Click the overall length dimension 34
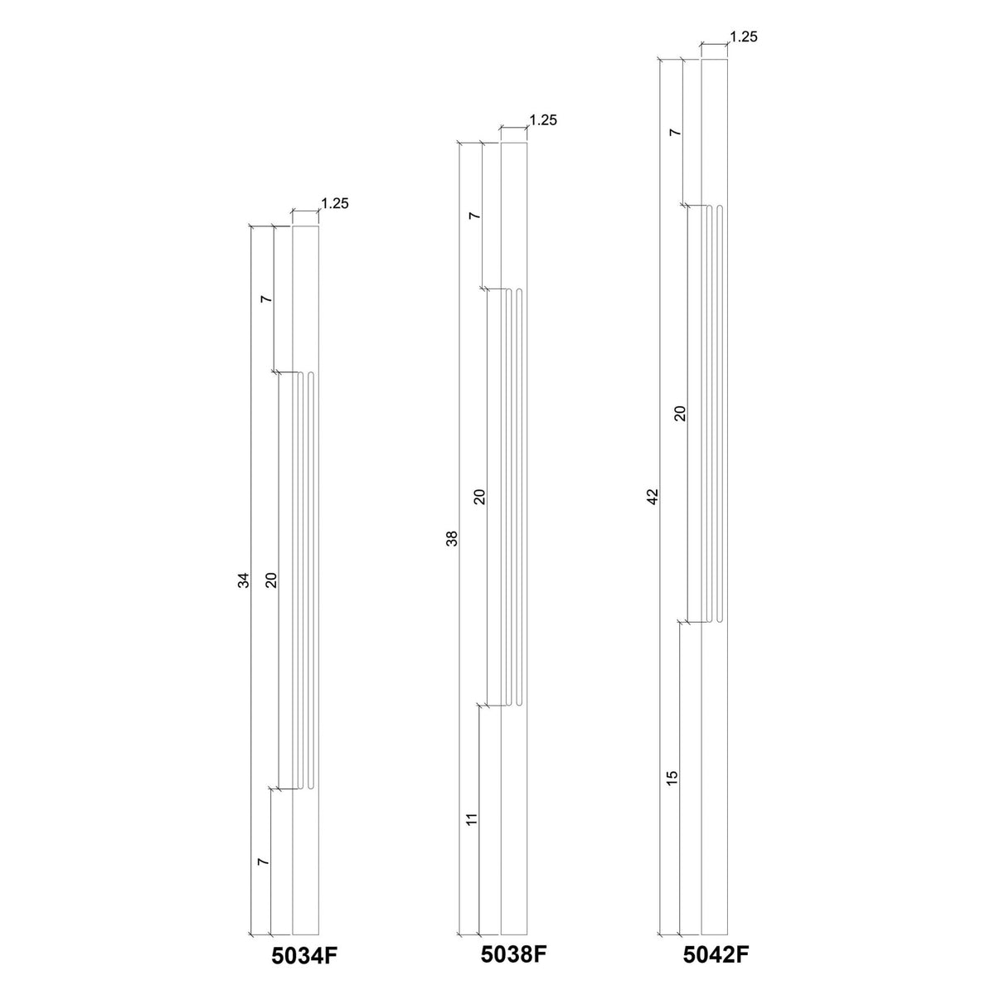click(x=244, y=581)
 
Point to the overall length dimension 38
click(x=452, y=540)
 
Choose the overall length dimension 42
click(x=653, y=497)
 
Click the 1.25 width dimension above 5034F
click(x=335, y=202)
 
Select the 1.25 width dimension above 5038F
click(x=542, y=120)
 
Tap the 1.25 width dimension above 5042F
click(x=744, y=36)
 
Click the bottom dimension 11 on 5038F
click(x=472, y=820)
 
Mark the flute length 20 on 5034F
click(x=270, y=580)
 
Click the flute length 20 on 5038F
click(x=478, y=498)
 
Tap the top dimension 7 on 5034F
click(x=265, y=299)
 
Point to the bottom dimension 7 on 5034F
click(x=264, y=863)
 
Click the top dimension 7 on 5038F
click(x=473, y=216)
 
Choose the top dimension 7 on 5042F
click(x=674, y=133)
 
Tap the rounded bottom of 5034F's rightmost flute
click(x=311, y=786)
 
